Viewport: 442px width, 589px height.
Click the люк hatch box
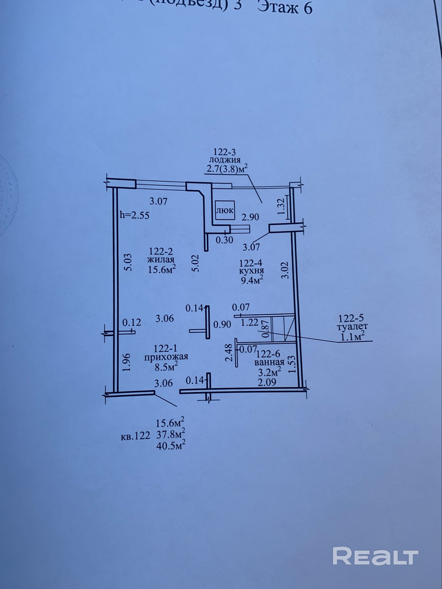click(x=225, y=210)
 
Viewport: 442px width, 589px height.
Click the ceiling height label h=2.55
click(x=135, y=215)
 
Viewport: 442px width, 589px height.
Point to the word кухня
click(x=251, y=270)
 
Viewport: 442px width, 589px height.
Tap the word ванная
click(x=270, y=362)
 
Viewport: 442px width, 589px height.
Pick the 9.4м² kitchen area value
click(x=252, y=280)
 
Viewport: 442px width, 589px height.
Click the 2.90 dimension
click(x=250, y=217)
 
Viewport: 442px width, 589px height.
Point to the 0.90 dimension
click(x=222, y=325)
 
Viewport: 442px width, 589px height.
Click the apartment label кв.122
click(x=136, y=436)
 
